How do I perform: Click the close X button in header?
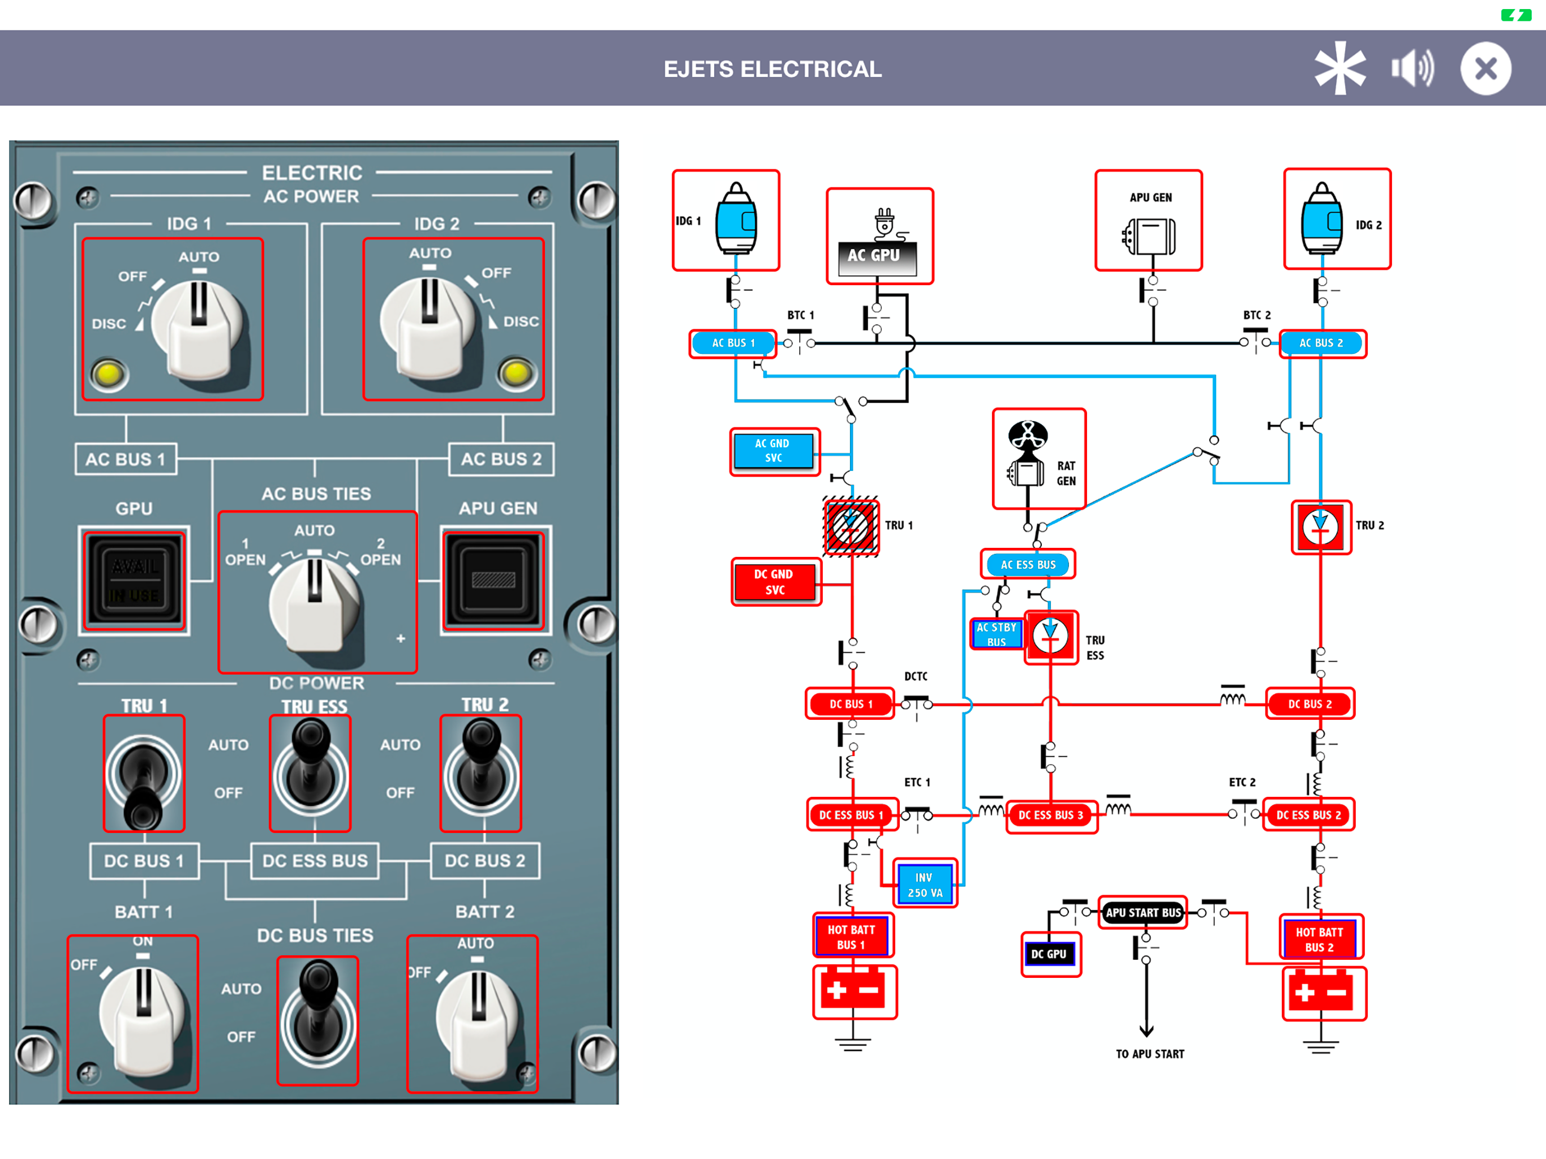pos(1485,68)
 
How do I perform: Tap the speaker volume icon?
pos(1411,68)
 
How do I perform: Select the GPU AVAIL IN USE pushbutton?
pos(134,580)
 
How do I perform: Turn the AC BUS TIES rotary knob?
pos(315,601)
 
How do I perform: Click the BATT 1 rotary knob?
pos(143,1017)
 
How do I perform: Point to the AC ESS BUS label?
pos(1028,564)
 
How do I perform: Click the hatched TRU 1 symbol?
pos(851,526)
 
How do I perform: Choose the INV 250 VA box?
pos(925,885)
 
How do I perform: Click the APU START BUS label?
pos(1143,912)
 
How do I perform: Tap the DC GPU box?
pos(1050,954)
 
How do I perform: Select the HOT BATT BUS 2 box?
pos(1320,939)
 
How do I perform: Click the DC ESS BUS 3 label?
pos(1050,814)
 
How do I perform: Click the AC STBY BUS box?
pos(996,634)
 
